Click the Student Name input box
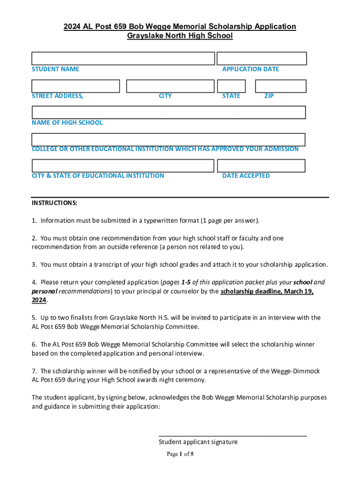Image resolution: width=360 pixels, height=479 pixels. (123, 58)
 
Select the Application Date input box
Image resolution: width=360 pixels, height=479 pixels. (262, 58)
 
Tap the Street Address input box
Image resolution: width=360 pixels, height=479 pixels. (76, 86)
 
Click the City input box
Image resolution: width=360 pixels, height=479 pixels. (170, 86)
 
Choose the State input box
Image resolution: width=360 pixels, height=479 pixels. (231, 86)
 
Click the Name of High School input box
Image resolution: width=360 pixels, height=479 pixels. (168, 112)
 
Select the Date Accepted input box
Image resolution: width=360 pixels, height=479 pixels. (261, 166)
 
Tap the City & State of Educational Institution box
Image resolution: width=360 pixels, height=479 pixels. (122, 166)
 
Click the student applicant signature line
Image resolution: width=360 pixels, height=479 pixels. (233, 435)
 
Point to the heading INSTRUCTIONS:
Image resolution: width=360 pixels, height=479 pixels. (55, 203)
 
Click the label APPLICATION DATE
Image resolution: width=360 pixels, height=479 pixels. (251, 69)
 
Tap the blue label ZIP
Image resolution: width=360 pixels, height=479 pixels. (269, 96)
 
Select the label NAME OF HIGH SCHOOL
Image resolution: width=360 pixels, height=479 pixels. (67, 123)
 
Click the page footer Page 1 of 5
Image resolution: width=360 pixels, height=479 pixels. (180, 454)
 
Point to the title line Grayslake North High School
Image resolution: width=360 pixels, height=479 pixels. (180, 36)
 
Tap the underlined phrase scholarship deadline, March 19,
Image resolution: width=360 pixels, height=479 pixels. (267, 291)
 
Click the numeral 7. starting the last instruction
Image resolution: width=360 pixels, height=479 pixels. (34, 371)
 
